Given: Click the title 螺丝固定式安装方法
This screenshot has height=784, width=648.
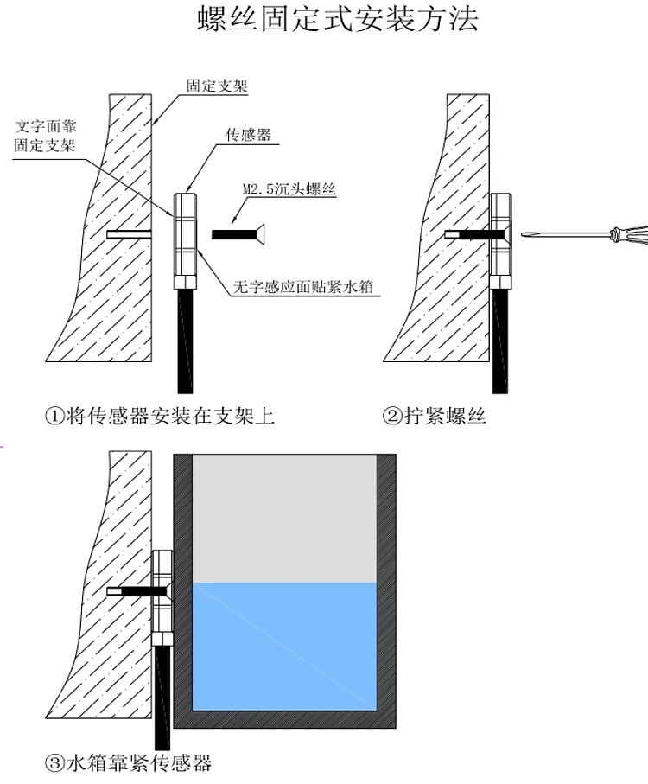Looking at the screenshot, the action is (x=338, y=18).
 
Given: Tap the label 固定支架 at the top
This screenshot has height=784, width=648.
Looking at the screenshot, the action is (x=217, y=86).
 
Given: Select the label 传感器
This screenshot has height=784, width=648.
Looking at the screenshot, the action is (x=248, y=134).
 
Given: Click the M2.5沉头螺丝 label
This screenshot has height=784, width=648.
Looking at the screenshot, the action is (x=289, y=189).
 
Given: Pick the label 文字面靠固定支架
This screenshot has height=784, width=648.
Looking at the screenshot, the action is (x=45, y=136).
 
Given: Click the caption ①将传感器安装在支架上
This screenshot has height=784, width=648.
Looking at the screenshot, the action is (x=160, y=416).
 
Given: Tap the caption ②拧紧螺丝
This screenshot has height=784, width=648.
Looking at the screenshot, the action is (x=434, y=416).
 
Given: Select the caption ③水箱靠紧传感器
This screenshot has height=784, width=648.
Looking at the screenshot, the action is (x=129, y=762).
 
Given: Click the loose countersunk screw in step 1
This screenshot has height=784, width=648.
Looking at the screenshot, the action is (x=238, y=234).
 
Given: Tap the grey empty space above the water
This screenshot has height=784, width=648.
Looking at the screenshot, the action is (x=284, y=519).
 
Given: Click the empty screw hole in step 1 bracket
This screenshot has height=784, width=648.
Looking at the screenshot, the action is (x=129, y=234).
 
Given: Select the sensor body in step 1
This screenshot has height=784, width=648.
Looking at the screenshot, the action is (x=185, y=241).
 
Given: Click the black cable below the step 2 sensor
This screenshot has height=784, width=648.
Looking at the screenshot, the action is (x=500, y=341).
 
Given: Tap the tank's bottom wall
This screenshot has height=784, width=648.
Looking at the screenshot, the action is (x=285, y=719).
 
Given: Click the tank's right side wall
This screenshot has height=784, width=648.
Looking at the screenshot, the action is (x=386, y=591).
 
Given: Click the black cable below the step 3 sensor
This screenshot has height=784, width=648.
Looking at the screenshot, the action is (x=162, y=698).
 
